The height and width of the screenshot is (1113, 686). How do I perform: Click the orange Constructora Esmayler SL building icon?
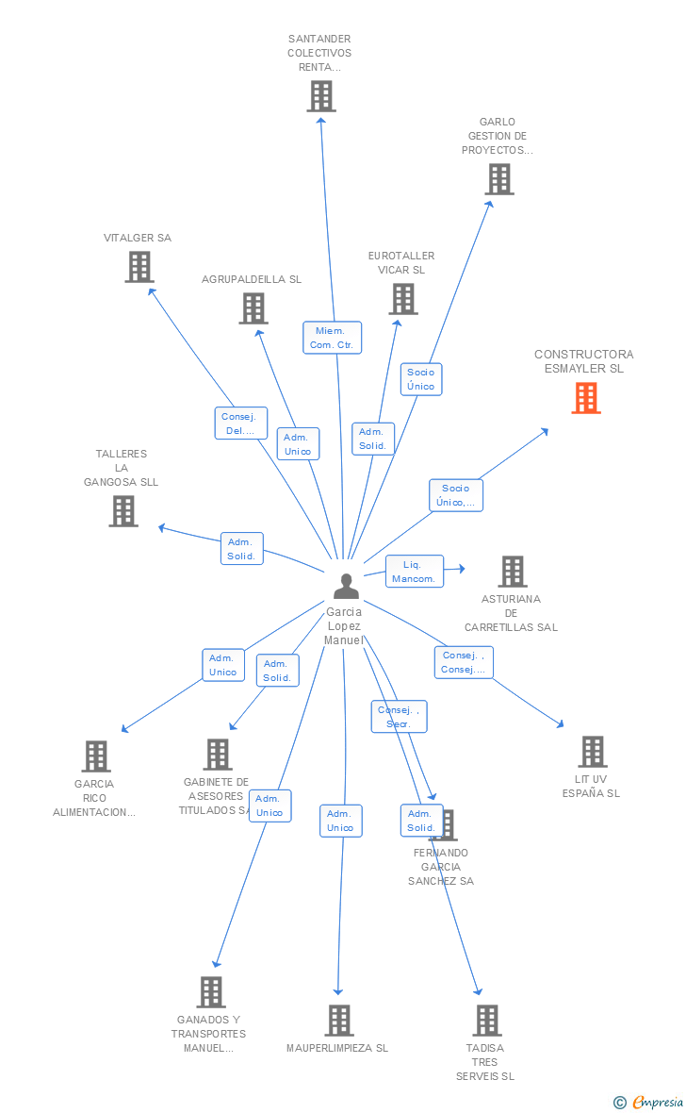[x=586, y=398]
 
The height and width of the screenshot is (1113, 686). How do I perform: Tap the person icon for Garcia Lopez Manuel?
[x=347, y=587]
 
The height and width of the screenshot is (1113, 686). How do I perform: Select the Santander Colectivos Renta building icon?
[x=321, y=96]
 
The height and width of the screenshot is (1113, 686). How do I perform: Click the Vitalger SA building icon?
[x=139, y=267]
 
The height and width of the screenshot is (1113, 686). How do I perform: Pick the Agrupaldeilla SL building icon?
[x=253, y=308]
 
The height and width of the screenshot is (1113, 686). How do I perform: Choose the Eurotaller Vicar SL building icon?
[x=403, y=299]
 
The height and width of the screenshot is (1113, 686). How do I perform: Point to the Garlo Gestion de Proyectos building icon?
[x=499, y=179]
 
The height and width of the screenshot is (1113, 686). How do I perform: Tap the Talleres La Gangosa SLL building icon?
[x=123, y=511]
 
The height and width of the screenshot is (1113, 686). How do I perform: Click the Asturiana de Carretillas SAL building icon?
[x=513, y=572]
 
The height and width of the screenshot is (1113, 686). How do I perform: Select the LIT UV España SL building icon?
[x=592, y=752]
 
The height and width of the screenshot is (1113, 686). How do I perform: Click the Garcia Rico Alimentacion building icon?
[x=96, y=756]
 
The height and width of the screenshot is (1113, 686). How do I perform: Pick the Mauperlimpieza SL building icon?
[x=339, y=1021]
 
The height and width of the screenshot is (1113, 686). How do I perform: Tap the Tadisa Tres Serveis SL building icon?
[x=486, y=1021]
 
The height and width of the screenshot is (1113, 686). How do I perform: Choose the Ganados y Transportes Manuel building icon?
[x=211, y=992]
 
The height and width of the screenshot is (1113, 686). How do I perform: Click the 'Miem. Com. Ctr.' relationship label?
[x=332, y=338]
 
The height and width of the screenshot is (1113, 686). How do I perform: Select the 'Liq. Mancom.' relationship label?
[x=415, y=572]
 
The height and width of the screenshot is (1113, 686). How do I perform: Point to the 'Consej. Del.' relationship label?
[x=241, y=424]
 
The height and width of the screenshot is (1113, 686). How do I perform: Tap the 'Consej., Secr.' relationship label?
[x=399, y=717]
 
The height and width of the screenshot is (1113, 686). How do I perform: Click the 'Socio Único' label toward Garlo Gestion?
[x=421, y=379]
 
